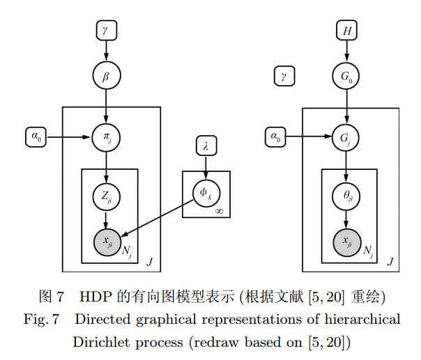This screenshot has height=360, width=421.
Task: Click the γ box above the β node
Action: [105, 31]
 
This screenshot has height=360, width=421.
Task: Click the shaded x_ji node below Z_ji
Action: [105, 242]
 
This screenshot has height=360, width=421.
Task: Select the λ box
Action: [206, 146]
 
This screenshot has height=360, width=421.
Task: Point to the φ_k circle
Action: [206, 191]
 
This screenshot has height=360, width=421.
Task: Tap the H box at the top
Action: [346, 31]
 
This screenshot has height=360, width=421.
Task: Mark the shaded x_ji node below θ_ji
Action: [346, 242]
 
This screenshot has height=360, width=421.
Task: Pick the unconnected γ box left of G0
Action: [284, 76]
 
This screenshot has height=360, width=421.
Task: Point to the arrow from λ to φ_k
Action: [206, 166]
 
